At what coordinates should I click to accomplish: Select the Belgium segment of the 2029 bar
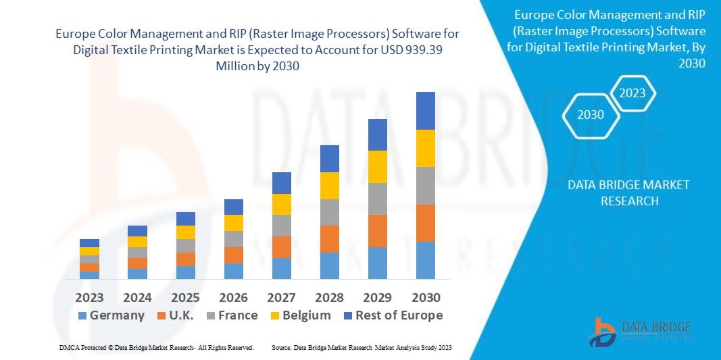377,166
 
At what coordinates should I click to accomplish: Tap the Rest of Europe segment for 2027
281,182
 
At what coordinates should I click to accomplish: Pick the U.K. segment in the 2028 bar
329,238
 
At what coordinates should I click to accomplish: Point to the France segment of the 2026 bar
233,238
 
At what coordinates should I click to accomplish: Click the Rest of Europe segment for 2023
89,243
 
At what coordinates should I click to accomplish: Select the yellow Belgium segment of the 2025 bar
185,232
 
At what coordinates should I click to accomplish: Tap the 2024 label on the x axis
137,297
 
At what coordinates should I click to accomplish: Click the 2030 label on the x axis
426,297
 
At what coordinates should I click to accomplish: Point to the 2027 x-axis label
282,297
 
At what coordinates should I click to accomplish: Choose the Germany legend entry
111,315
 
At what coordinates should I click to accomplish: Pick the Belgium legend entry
299,315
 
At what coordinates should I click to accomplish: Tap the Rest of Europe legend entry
393,315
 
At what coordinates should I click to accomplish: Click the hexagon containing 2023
632,94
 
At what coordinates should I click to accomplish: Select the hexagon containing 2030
591,115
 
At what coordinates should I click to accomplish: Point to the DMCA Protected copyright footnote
156,347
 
